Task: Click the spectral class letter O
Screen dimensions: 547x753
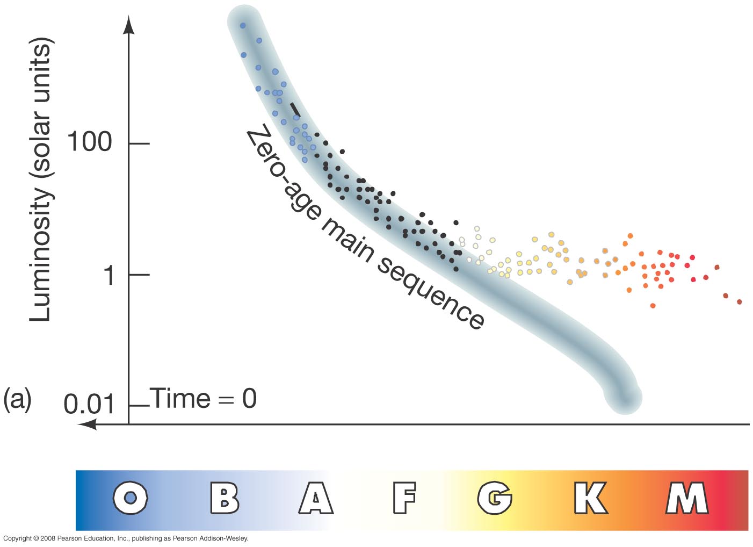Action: [x=130, y=498]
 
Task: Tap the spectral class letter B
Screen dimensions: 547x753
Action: [x=224, y=498]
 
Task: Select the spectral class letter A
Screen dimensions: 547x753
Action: [x=316, y=498]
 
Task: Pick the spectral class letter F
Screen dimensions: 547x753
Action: [x=404, y=498]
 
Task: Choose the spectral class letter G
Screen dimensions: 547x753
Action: [x=495, y=498]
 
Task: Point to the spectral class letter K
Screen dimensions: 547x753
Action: [x=590, y=498]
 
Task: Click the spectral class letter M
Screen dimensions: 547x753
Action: [x=687, y=498]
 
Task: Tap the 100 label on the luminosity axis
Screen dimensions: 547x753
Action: [x=89, y=142]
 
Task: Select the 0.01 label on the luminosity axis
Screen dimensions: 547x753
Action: [x=89, y=404]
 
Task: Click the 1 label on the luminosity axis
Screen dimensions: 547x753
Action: [x=110, y=275]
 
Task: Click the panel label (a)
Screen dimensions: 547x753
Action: [x=17, y=399]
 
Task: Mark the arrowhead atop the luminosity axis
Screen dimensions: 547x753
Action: [x=129, y=25]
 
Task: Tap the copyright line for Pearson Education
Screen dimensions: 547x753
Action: [x=126, y=538]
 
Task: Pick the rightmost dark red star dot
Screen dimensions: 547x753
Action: [x=739, y=302]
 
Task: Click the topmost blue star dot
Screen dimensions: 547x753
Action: [x=242, y=25]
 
